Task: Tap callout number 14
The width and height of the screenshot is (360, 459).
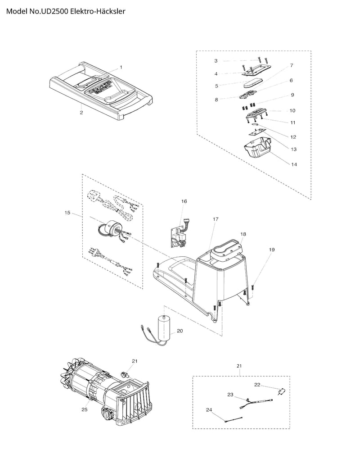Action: click(294, 164)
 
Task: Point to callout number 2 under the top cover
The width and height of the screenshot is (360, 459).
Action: click(81, 113)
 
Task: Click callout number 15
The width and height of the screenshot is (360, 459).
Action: click(67, 212)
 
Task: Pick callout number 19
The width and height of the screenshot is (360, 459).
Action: click(271, 249)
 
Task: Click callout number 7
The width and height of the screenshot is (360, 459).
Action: click(292, 65)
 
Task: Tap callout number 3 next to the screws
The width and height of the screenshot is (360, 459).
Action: click(216, 60)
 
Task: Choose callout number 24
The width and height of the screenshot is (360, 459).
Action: click(209, 410)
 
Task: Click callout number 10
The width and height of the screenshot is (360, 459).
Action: click(292, 110)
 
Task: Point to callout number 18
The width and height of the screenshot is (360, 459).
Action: click(243, 234)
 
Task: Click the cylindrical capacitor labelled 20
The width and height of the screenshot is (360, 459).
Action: click(164, 327)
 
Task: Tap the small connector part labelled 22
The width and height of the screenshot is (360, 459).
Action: click(282, 392)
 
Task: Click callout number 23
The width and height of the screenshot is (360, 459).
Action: click(230, 394)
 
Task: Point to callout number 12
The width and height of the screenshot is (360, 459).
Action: click(293, 137)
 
